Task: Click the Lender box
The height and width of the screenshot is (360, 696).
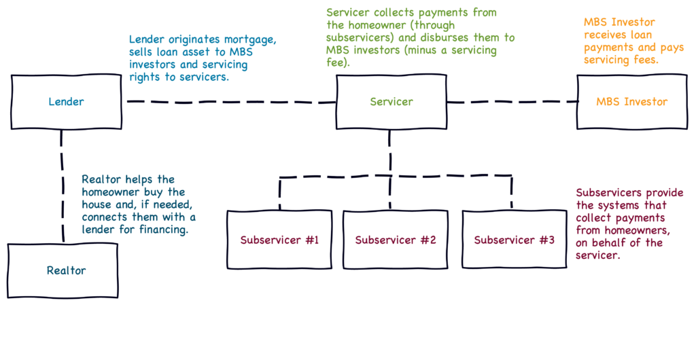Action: click(x=66, y=102)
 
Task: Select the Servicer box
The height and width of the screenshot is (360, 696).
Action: click(x=391, y=102)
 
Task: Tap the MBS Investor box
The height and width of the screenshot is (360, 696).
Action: click(x=631, y=102)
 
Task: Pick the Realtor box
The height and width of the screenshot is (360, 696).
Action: click(x=66, y=270)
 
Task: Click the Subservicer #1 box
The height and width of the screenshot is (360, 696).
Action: click(x=279, y=240)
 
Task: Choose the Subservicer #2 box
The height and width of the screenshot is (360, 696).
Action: click(x=395, y=240)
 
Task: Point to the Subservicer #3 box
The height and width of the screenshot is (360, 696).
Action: click(x=514, y=240)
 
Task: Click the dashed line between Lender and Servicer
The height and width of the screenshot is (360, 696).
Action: click(x=231, y=102)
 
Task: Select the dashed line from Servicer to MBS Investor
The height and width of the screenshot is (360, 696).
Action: click(x=511, y=102)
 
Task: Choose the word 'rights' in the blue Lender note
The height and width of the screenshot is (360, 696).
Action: click(x=143, y=77)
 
